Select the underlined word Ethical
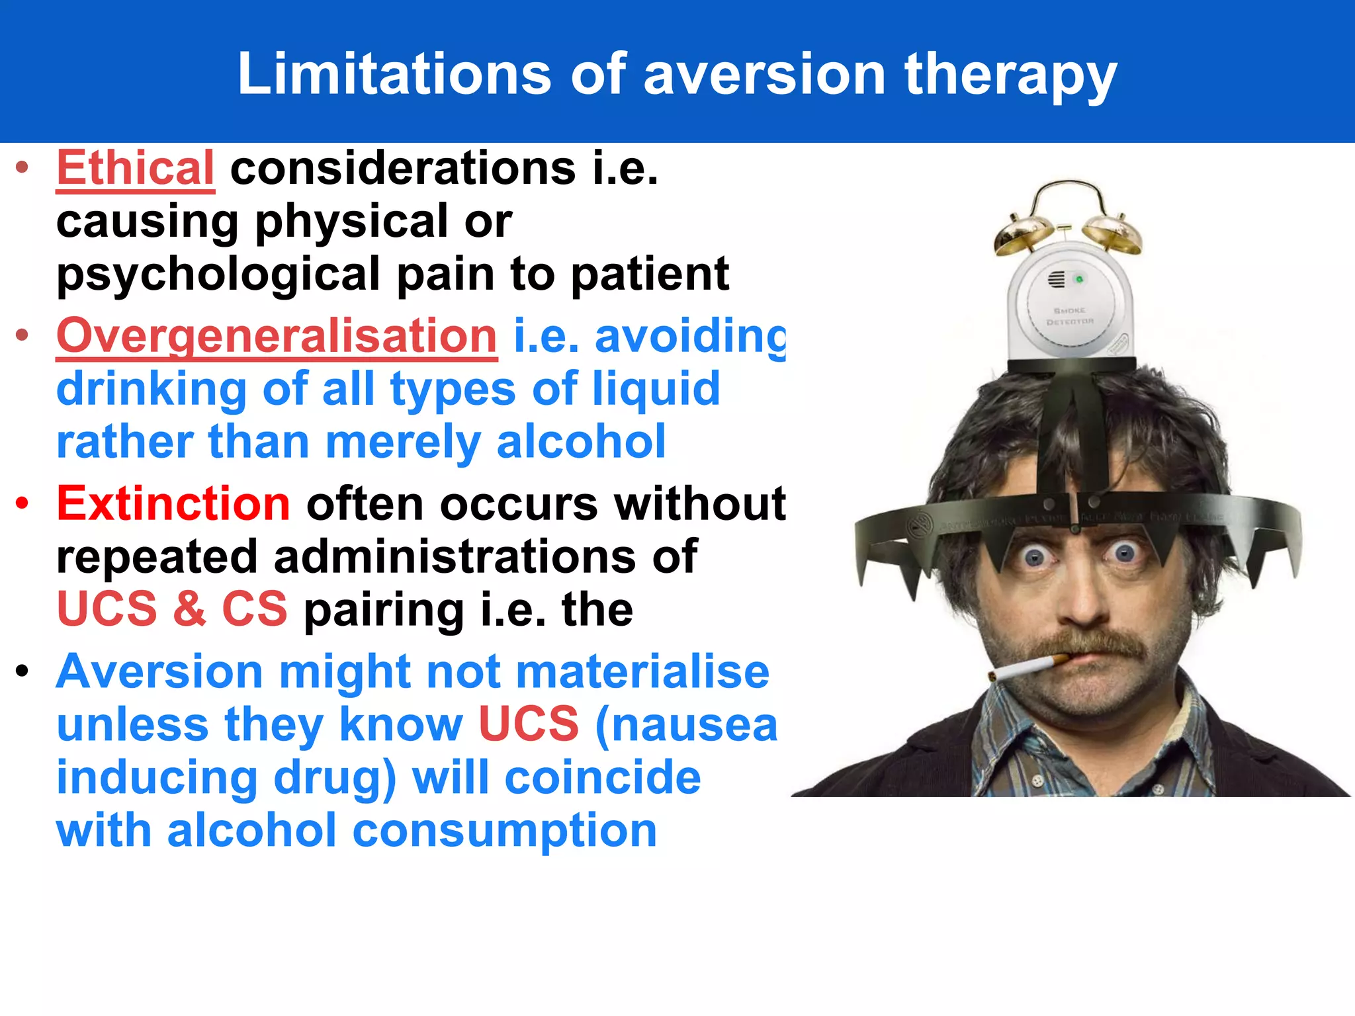point(136,168)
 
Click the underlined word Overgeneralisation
point(277,336)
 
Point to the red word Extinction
point(173,504)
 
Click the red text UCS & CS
point(172,609)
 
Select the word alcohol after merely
point(581,442)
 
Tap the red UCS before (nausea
point(528,724)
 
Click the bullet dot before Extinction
point(22,504)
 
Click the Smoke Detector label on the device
point(1070,316)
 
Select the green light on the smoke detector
point(1079,280)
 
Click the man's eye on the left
point(1034,556)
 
